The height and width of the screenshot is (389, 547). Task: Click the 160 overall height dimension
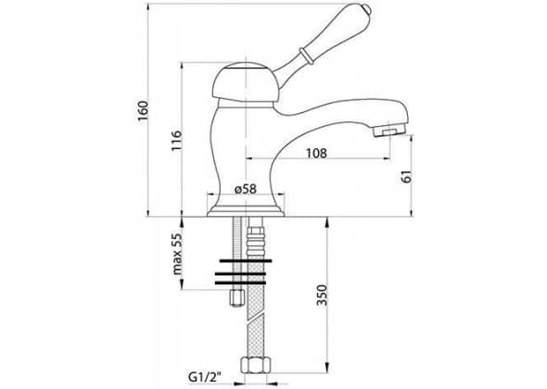[143, 111]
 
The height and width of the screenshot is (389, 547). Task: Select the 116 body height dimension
[176, 141]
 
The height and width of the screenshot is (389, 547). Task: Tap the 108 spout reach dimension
[317, 153]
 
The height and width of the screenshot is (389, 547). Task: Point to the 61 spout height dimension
[407, 177]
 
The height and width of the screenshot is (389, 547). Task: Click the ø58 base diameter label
[246, 189]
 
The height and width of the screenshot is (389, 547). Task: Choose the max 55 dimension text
[177, 254]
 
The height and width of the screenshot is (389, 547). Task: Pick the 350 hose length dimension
[323, 295]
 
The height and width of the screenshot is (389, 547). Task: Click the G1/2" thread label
[206, 376]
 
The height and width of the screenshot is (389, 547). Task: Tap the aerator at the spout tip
[388, 132]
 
